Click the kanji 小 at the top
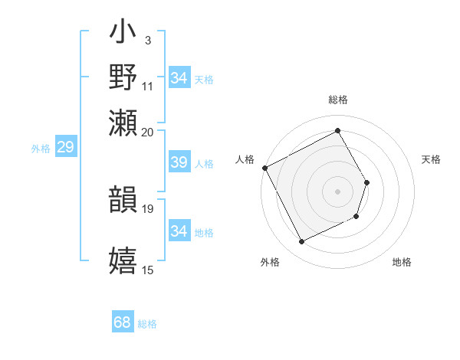pyautogui.click(x=123, y=34)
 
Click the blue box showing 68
pyautogui.click(x=123, y=322)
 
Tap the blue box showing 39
pyautogui.click(x=179, y=162)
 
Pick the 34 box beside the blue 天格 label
pyautogui.click(x=179, y=78)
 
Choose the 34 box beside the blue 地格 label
pyautogui.click(x=179, y=231)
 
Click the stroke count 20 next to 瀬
pyautogui.click(x=148, y=132)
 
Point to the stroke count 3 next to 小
pyautogui.click(x=148, y=40)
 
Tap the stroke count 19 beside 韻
pyautogui.click(x=148, y=208)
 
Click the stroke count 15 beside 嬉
pyautogui.click(x=148, y=270)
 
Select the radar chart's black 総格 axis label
pyautogui.click(x=338, y=100)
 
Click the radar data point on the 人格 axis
pyautogui.click(x=264, y=168)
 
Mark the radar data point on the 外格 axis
pyautogui.click(x=302, y=242)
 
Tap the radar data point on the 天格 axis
pyautogui.click(x=367, y=182)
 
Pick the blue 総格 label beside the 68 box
pyautogui.click(x=147, y=324)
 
